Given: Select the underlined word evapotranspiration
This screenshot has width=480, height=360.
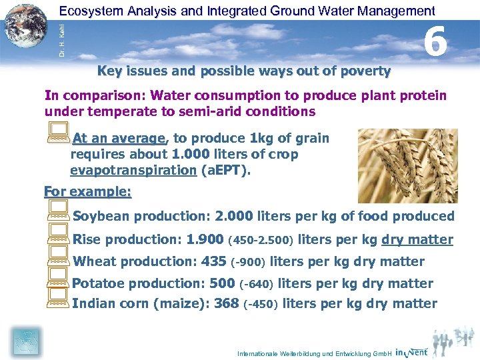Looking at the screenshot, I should click(x=133, y=169).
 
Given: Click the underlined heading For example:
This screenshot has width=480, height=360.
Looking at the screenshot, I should click(x=87, y=191).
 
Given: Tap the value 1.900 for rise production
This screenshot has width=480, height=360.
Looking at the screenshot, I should click(x=205, y=239).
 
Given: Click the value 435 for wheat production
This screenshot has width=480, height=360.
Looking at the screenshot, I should click(x=213, y=261).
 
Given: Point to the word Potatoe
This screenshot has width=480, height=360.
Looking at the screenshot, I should click(x=98, y=283).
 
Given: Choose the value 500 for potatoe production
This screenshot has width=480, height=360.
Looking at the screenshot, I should click(x=221, y=283).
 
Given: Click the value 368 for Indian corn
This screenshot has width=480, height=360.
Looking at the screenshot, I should click(x=227, y=304).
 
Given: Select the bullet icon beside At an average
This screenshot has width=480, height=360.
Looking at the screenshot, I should click(x=58, y=135).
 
